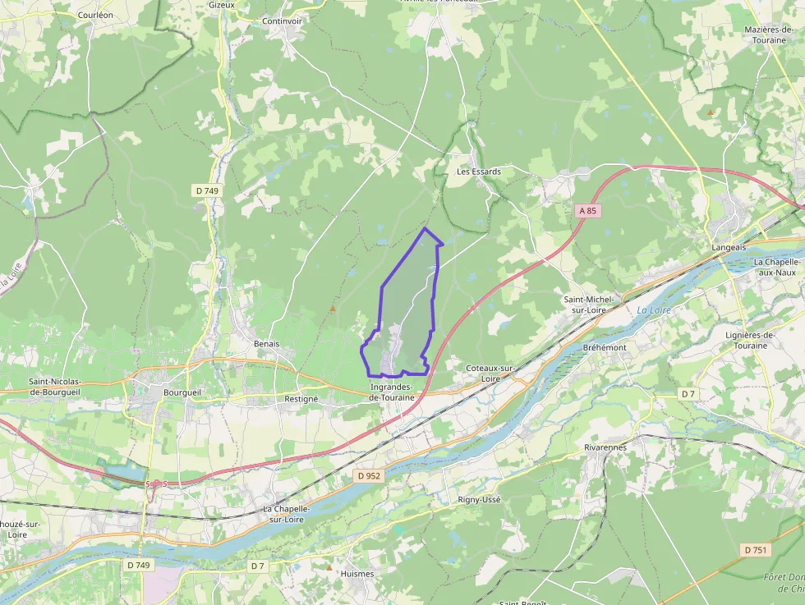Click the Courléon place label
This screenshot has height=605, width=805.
click(x=94, y=15)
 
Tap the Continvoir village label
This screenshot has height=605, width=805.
click(x=283, y=21)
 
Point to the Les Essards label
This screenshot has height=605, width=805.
click(x=479, y=172)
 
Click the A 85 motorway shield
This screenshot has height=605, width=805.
click(x=586, y=211)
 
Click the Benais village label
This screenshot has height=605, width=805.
click(x=267, y=344)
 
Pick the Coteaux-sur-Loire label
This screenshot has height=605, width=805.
click(x=490, y=374)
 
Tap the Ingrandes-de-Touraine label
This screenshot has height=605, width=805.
click(x=397, y=392)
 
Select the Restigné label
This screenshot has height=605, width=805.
click(x=301, y=398)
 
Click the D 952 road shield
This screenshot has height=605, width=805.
click(x=370, y=475)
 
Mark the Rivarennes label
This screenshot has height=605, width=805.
click(x=605, y=447)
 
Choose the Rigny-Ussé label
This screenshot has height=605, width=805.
click(x=479, y=499)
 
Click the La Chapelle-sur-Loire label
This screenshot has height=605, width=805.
click(x=286, y=514)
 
